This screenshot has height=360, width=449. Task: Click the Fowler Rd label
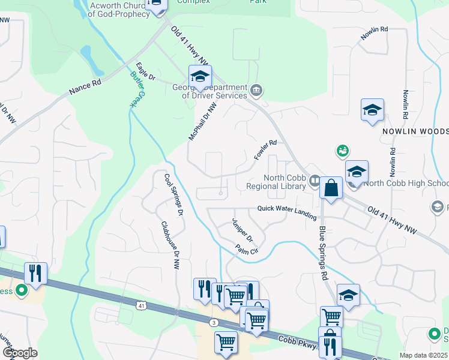tap(265, 150)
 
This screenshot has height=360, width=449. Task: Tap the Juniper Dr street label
tap(243, 229)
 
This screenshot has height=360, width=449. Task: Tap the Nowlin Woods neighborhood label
tap(414, 131)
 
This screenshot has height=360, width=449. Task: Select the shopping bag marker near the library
tap(331, 188)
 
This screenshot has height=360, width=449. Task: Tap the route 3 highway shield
tap(214, 323)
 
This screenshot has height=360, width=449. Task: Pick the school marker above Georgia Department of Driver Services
tap(200, 76)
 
